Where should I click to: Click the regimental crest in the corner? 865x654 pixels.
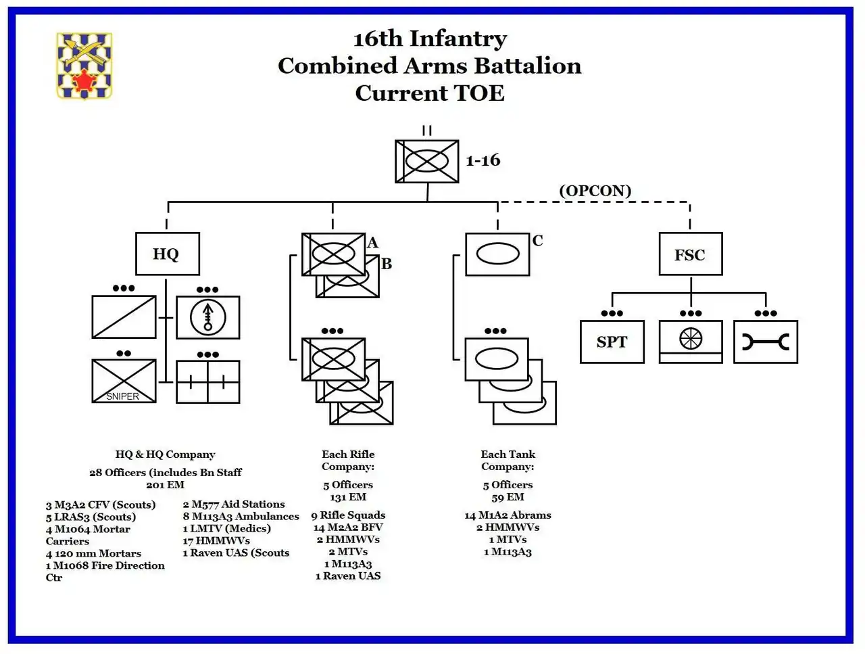coord(84,66)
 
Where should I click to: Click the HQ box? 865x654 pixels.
coord(168,254)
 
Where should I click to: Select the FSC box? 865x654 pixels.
coord(691,254)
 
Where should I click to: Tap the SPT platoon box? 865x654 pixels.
coord(612,342)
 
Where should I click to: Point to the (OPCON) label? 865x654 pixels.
coord(595,191)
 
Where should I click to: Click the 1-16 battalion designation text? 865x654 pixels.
coord(483,160)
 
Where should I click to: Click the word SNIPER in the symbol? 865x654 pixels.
coord(122,396)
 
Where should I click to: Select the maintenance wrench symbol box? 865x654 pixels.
coord(766,342)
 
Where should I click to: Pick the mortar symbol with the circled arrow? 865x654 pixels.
coord(208,317)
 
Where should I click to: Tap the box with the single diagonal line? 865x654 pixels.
coord(124,317)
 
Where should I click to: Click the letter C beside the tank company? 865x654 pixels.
coord(537,241)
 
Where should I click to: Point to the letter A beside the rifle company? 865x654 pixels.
coord(372,242)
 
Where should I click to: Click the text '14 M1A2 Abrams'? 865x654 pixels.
coord(508,515)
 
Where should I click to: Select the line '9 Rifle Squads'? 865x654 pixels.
coord(348,515)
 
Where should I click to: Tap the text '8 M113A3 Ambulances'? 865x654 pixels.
coord(241,516)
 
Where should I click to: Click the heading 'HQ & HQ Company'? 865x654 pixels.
coord(165,454)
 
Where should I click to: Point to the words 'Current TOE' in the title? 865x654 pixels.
coord(430,93)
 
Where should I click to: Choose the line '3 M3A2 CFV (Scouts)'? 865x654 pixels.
coord(101,505)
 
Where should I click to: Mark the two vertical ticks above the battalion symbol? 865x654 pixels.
coord(427,131)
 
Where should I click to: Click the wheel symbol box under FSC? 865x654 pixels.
coord(691,342)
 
